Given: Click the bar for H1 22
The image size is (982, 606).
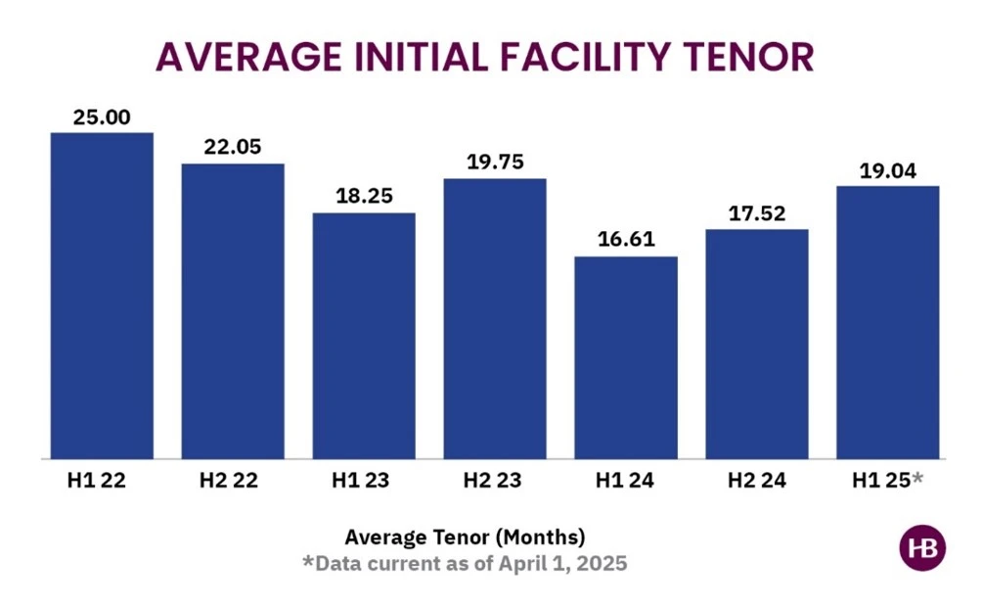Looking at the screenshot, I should pos(102,295).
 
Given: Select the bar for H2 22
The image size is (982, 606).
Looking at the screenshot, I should pos(233,310).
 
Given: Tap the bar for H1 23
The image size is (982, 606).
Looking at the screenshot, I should pos(364,335).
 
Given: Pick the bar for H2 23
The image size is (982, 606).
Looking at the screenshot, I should pos(495,318).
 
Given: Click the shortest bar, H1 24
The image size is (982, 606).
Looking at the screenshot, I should pos(626,357).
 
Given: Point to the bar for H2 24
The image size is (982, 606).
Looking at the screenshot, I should pos(757,344).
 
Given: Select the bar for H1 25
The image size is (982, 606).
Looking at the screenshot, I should pos(888,322).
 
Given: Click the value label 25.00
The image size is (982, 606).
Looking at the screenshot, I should pos(102,117).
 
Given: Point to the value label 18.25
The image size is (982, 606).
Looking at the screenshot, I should pos(364,197).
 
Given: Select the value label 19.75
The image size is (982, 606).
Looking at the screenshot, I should pos(495,163).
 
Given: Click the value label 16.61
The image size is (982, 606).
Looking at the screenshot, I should pos(626,240).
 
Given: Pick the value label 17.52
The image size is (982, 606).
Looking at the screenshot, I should pos(757,213).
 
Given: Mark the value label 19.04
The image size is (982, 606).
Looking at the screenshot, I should pos(888,169).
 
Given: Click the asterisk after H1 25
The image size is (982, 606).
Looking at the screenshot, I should pos(917,478).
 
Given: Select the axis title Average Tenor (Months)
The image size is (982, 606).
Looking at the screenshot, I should pos(465,537).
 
